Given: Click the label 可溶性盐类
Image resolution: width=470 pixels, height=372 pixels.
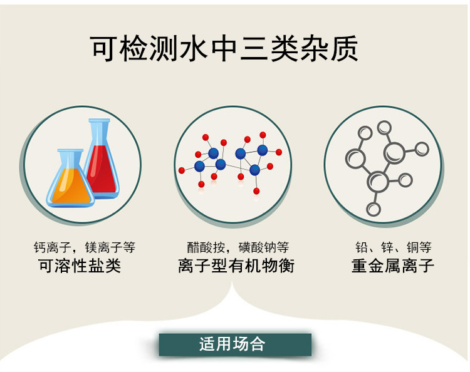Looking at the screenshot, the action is [80, 266].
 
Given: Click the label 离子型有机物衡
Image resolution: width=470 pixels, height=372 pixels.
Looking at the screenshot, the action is [236, 266].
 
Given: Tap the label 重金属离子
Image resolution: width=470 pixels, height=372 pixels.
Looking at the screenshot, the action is [393, 266].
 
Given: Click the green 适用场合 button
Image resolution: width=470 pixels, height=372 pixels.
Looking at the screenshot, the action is [234, 344].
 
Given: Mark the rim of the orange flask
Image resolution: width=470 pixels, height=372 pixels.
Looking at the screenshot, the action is [70, 151].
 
